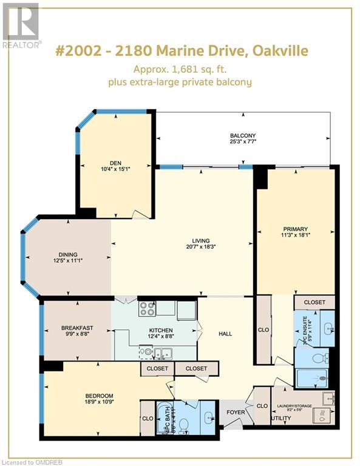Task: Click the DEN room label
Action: [115, 162]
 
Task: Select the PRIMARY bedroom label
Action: [295, 229]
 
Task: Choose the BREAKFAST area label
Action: [76, 328]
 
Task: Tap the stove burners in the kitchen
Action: [148, 309]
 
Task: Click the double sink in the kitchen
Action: [162, 353]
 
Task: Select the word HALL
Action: [226, 334]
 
